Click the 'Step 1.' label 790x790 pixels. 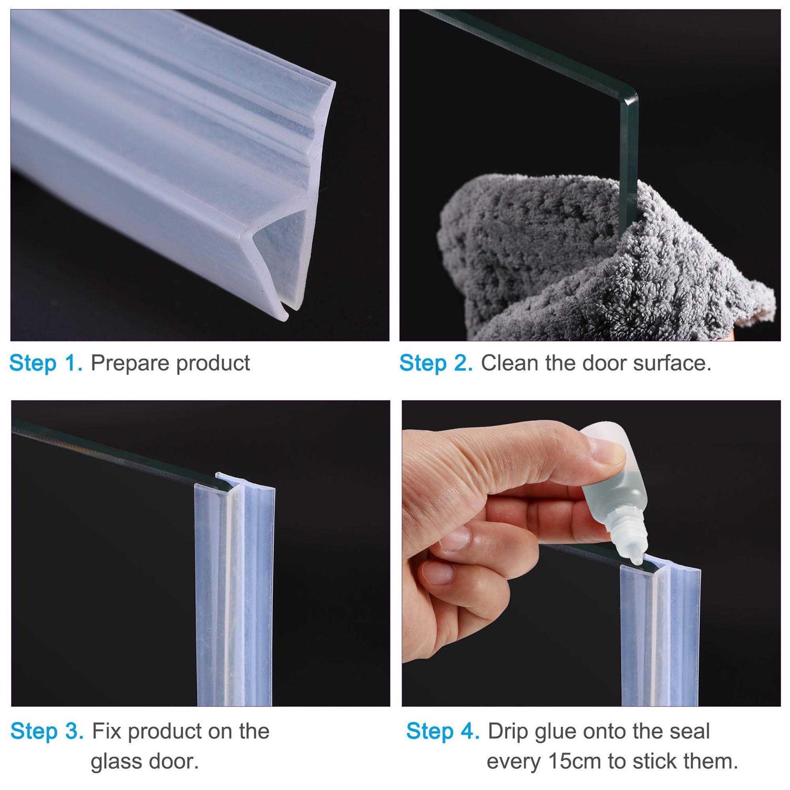46,363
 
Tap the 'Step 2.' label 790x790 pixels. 436,363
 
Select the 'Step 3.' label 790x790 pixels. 47,731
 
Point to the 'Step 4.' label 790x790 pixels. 442,731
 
